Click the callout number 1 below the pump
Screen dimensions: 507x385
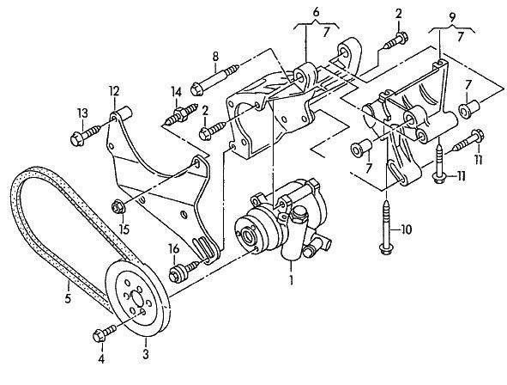click(292, 280)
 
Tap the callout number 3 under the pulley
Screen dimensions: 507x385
click(146, 353)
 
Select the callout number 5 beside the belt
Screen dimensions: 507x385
click(68, 298)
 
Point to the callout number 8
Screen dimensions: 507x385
click(215, 57)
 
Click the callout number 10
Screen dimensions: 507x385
click(406, 229)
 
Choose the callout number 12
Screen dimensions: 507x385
click(114, 91)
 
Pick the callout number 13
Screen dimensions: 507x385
click(82, 113)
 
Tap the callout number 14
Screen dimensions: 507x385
click(177, 92)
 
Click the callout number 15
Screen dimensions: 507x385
click(124, 229)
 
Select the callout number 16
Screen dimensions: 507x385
click(173, 249)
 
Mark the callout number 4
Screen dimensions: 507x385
click(101, 358)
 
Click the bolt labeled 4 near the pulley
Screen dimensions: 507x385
click(104, 333)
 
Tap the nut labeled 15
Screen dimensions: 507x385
click(118, 207)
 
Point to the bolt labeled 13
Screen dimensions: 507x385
click(88, 135)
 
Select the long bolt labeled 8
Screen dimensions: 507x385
click(214, 79)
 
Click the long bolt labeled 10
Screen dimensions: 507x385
click(386, 228)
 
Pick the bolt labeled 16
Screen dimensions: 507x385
click(184, 271)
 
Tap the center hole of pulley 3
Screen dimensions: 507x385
click(136, 298)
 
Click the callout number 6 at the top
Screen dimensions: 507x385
click(316, 12)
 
